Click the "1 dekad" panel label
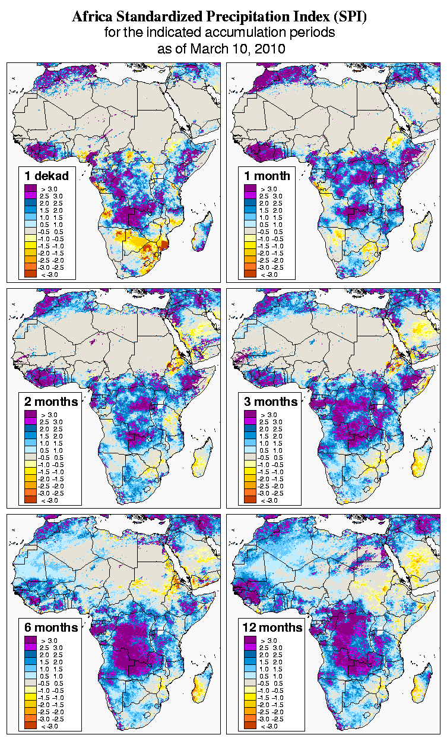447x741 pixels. click(x=47, y=175)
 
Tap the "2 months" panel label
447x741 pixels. click(x=51, y=401)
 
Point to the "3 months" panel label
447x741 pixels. click(x=271, y=401)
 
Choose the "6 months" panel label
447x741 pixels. click(x=51, y=627)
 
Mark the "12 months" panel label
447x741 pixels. click(x=272, y=627)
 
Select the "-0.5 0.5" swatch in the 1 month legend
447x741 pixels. click(x=249, y=231)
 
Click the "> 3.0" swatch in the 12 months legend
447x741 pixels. click(x=249, y=640)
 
